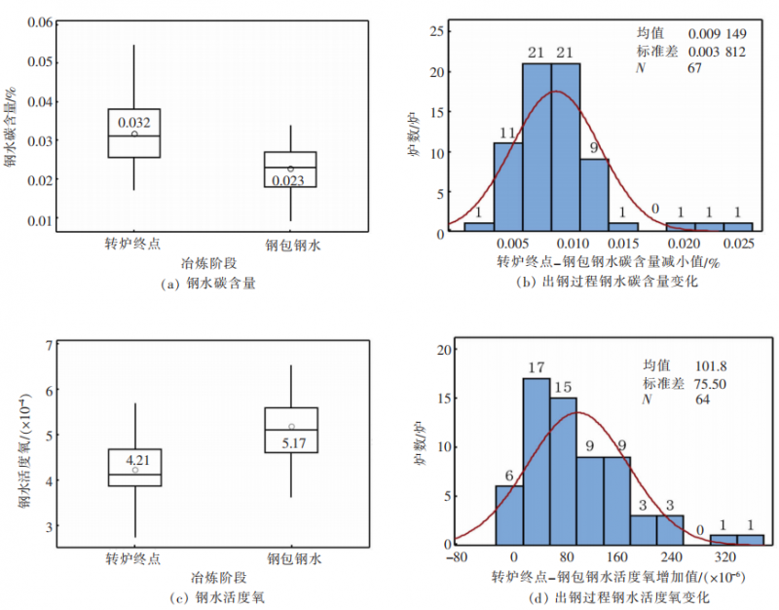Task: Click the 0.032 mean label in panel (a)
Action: pyautogui.click(x=134, y=123)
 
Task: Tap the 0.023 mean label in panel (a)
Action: pyautogui.click(x=288, y=181)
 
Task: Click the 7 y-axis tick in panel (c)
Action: pyautogui.click(x=46, y=344)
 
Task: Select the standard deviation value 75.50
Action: pyautogui.click(x=704, y=384)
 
